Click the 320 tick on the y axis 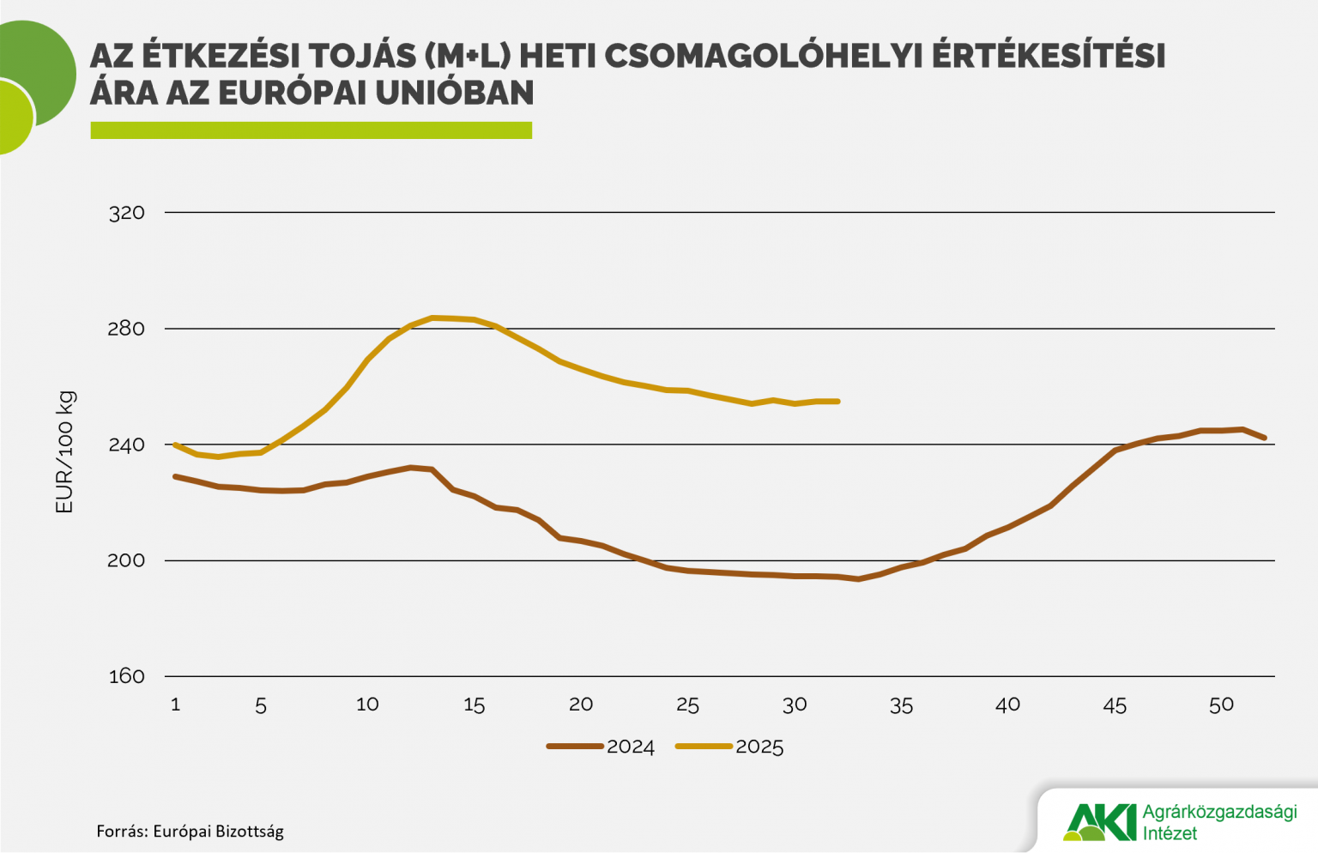pos(126,213)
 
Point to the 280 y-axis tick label pos(126,329)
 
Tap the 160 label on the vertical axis pos(126,676)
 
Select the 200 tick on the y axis pos(126,560)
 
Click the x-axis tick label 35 pos(901,705)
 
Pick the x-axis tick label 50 pos(1221,705)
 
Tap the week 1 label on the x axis pos(175,705)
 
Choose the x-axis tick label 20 pos(581,705)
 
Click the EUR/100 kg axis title pos(65,452)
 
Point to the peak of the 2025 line pos(433,318)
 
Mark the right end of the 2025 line pos(837,401)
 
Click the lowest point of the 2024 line pos(858,579)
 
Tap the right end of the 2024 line pos(1264,438)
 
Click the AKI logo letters pos(1100,822)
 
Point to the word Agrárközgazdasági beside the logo pos(1219,812)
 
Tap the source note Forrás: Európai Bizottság pos(190,831)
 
